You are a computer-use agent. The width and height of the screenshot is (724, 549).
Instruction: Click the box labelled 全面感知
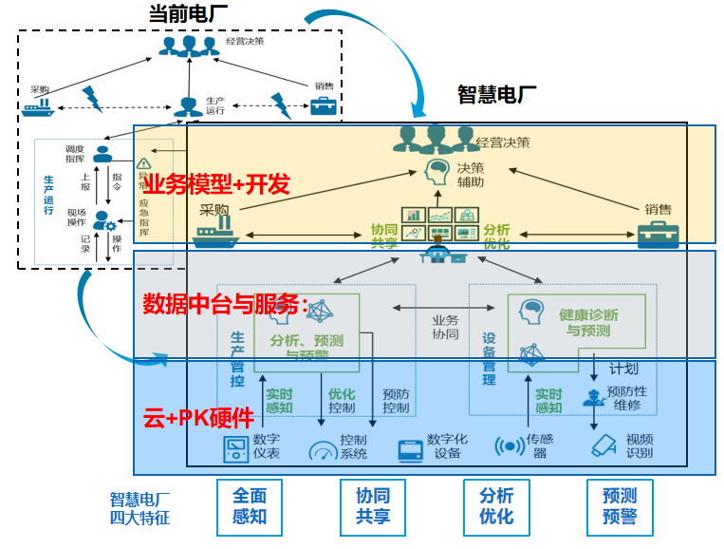click(x=250, y=506)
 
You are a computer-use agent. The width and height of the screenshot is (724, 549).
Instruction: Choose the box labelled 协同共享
click(x=373, y=506)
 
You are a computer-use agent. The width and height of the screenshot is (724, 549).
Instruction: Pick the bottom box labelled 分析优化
click(x=496, y=506)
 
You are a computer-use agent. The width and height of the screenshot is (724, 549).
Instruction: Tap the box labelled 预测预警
click(x=620, y=506)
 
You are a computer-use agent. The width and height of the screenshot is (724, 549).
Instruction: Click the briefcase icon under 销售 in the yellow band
click(x=658, y=235)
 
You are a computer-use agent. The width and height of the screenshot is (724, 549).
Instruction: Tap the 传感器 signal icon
click(x=511, y=445)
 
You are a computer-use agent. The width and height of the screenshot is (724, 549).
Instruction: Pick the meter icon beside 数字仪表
click(x=234, y=446)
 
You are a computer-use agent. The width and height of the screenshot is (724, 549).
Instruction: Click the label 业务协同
click(x=445, y=328)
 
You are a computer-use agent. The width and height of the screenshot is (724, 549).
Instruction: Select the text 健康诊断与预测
click(x=589, y=322)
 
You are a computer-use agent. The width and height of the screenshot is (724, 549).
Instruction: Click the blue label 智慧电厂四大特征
click(x=139, y=507)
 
